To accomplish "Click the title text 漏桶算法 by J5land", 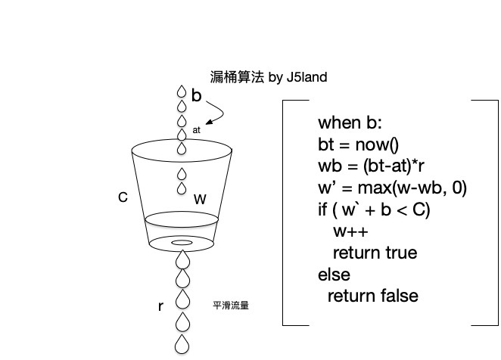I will pyautogui.click(x=268, y=77).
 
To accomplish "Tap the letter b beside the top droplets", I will pyautogui.click(x=197, y=95).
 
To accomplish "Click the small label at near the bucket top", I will pyautogui.click(x=197, y=130).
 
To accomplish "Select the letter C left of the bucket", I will pyautogui.click(x=123, y=197).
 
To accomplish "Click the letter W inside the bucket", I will pyautogui.click(x=200, y=200).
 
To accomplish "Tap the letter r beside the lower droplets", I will pyautogui.click(x=160, y=306).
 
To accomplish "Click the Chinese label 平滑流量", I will pyautogui.click(x=232, y=306).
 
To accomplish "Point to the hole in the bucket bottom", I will pyautogui.click(x=182, y=243).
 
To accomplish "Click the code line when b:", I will pyautogui.click(x=351, y=123).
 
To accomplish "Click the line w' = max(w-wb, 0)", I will pyautogui.click(x=392, y=188).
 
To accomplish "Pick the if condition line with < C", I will pyautogui.click(x=374, y=209).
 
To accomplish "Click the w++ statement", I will pyautogui.click(x=350, y=231).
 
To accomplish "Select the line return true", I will pyautogui.click(x=375, y=253).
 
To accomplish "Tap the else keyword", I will pyautogui.click(x=335, y=274).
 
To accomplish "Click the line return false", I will pyautogui.click(x=372, y=296).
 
